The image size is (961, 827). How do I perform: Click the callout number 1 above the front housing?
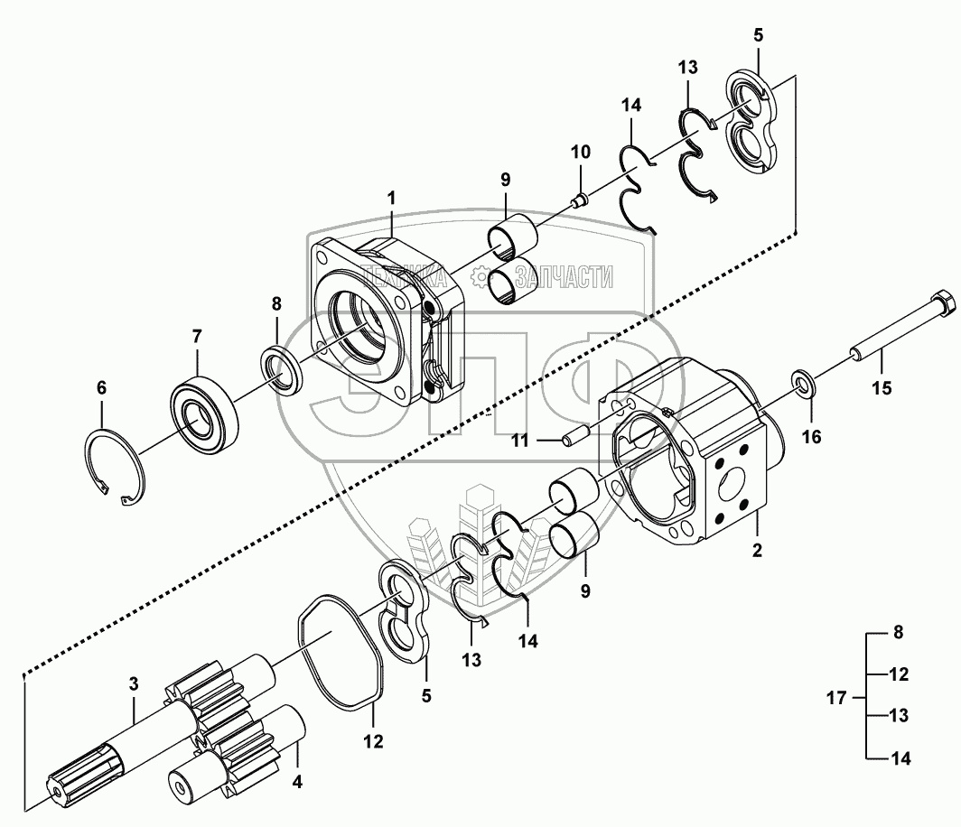coord(392,196)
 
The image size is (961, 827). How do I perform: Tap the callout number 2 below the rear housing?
coord(757,550)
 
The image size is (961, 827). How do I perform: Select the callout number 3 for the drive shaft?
coord(134,683)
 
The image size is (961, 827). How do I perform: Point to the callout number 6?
coord(101,388)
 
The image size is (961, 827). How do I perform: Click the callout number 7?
coord(196,337)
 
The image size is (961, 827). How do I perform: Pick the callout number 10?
coord(580,149)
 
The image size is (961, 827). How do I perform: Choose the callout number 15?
coord(881,388)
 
